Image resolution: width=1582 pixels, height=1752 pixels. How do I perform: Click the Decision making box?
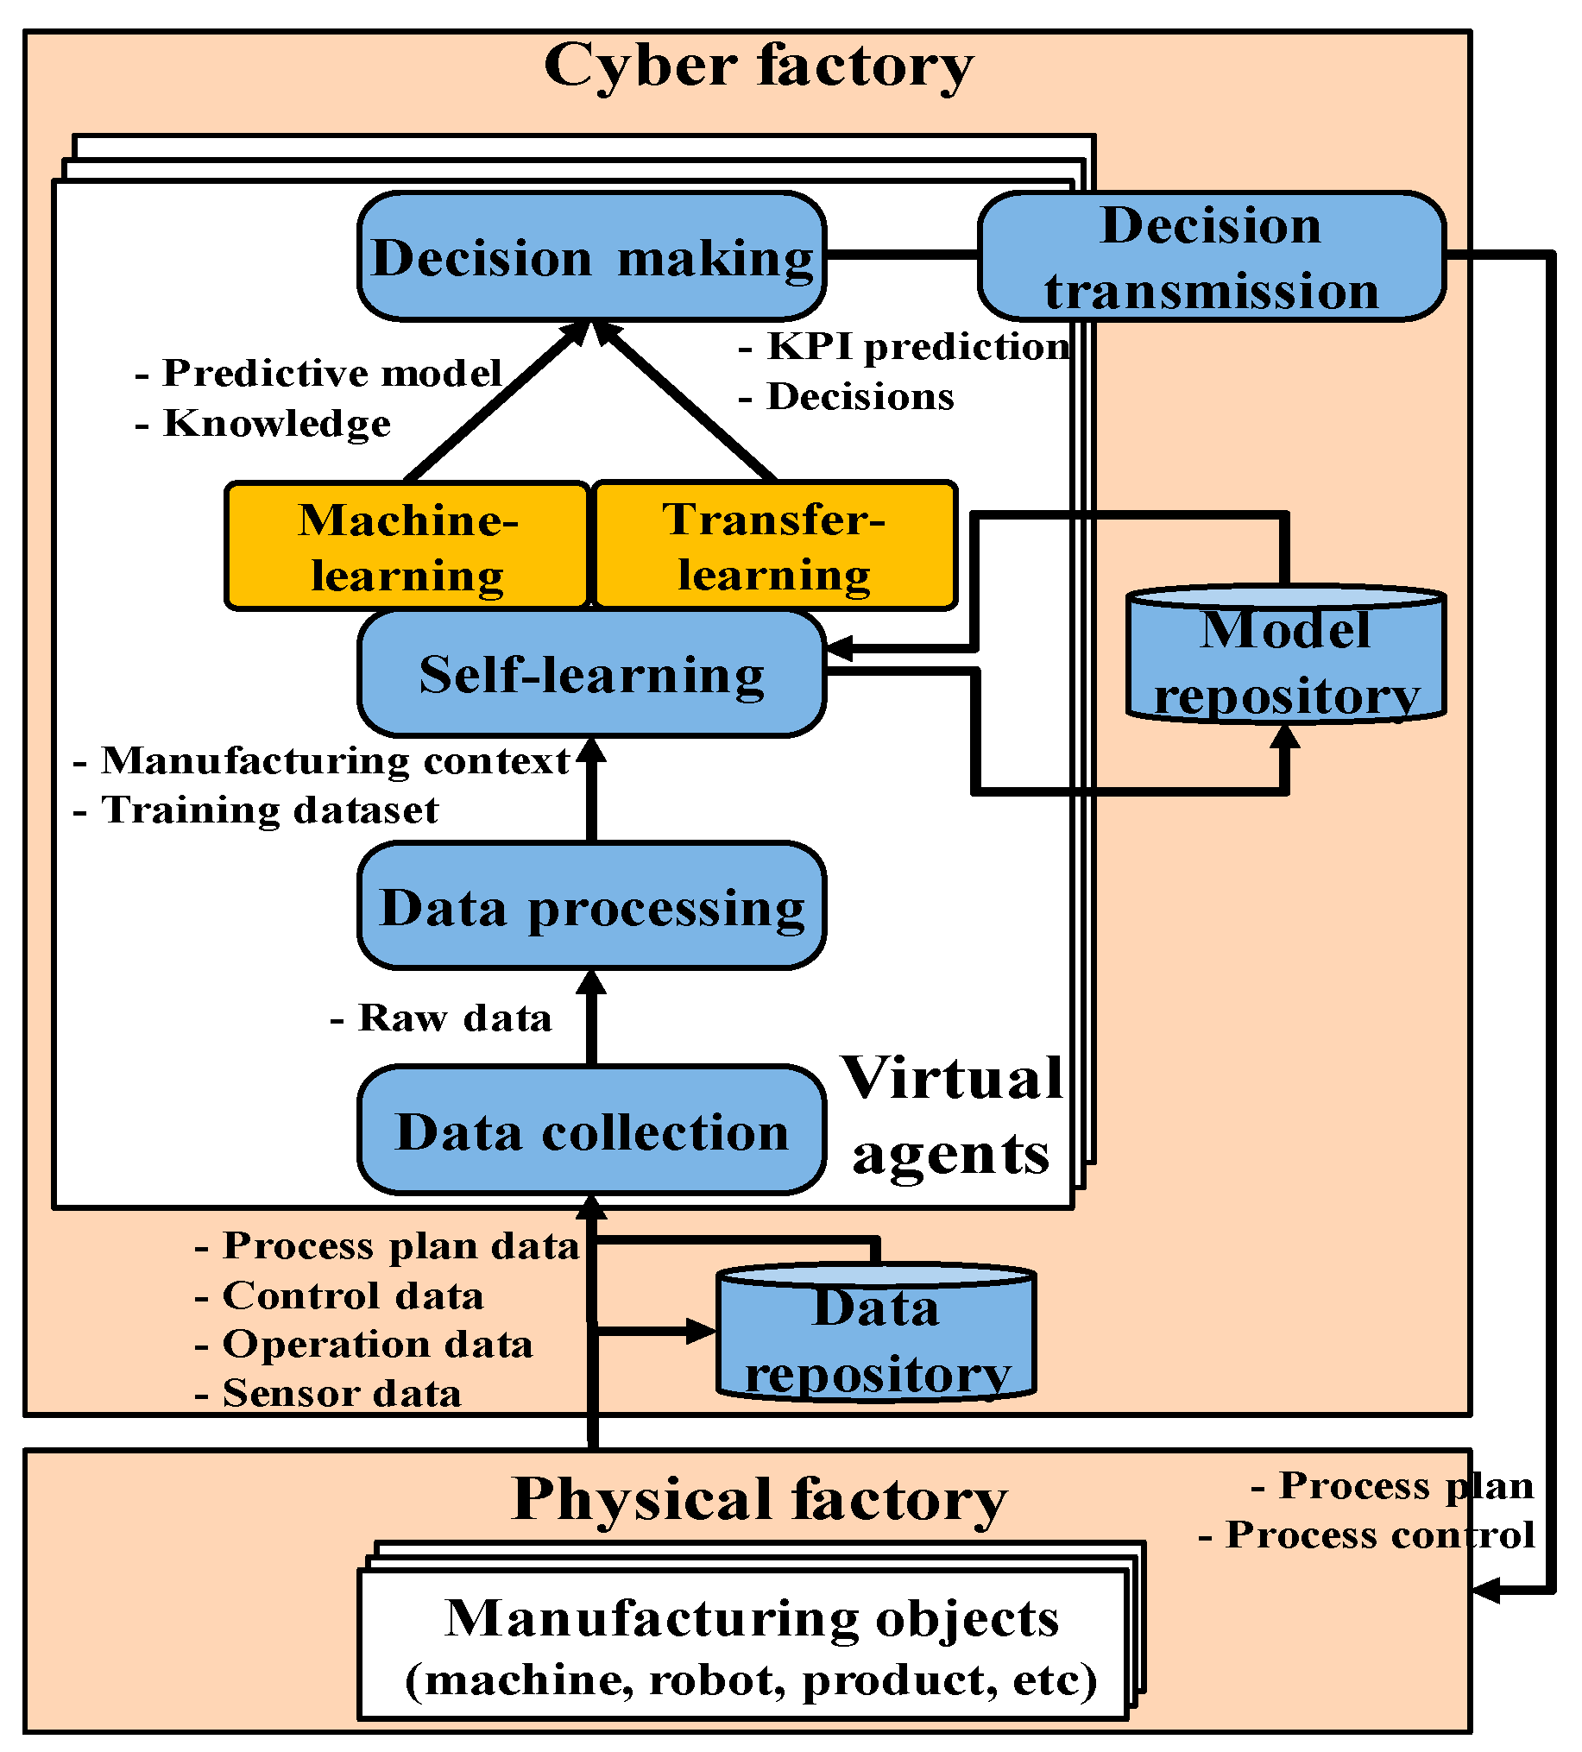[592, 256]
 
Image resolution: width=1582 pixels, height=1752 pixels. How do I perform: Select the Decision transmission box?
[1212, 257]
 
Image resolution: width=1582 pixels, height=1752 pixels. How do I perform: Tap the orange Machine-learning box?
[407, 546]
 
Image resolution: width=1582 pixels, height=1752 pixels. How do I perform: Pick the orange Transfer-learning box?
[774, 545]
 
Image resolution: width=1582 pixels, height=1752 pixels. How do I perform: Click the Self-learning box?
[592, 674]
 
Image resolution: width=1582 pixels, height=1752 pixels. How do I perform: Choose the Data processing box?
[592, 906]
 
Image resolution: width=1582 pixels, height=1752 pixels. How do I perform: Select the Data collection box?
[592, 1131]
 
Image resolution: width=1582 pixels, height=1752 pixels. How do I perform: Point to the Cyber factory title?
[759, 67]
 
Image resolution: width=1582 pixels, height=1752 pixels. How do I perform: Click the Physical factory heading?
[759, 1499]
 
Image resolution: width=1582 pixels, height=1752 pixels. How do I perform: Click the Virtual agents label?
[952, 1115]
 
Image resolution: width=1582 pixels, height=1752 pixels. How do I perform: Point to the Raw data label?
[442, 1018]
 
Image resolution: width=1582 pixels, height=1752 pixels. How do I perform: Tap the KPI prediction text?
[904, 347]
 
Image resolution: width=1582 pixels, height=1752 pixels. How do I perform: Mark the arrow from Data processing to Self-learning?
[592, 791]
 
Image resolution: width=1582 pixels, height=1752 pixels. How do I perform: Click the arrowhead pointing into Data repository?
[700, 1331]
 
